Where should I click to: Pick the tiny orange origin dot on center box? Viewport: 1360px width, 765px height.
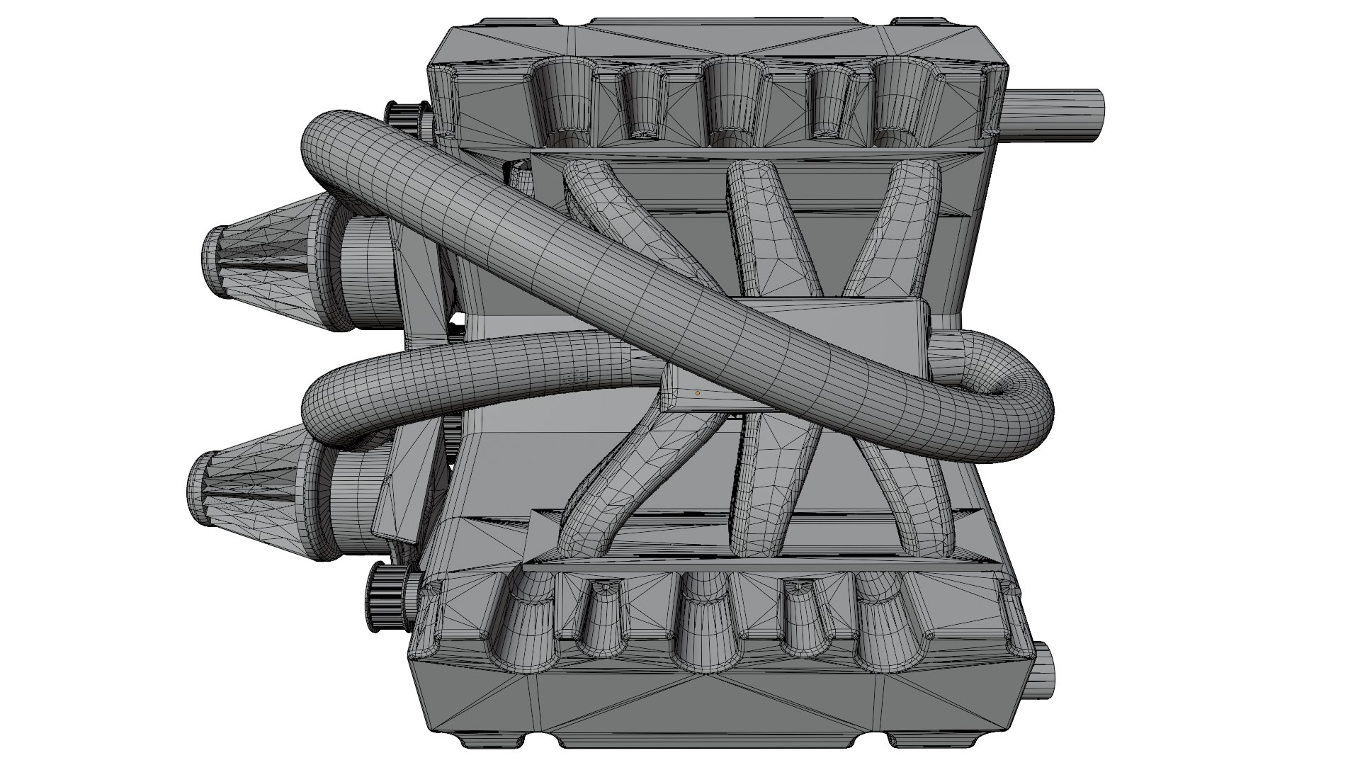point(697,393)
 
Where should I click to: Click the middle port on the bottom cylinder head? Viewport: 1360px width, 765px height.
point(705,616)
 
